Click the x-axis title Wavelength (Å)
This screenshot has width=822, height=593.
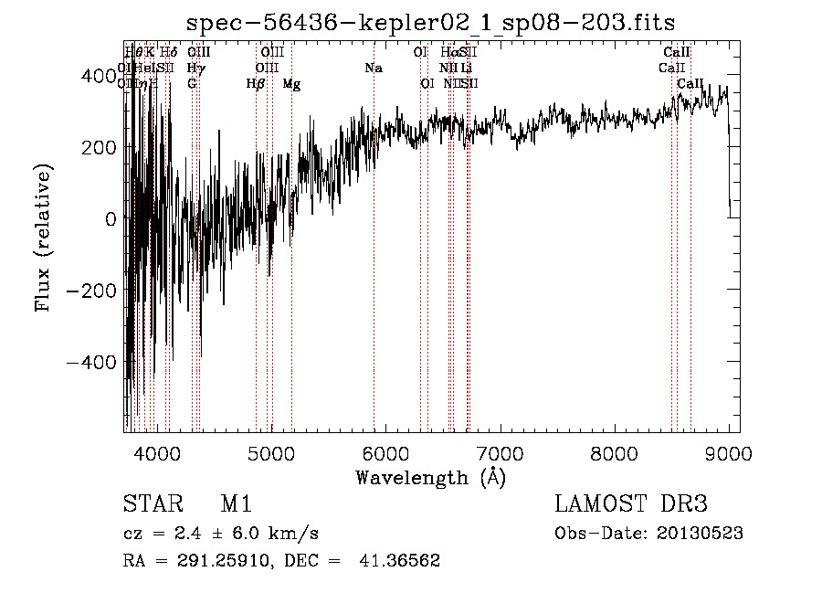(x=431, y=476)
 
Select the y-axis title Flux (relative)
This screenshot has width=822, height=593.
(x=44, y=238)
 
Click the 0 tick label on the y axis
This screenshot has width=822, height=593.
(x=111, y=219)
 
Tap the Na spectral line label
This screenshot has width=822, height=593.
(x=373, y=69)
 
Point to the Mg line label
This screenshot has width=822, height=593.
(x=291, y=84)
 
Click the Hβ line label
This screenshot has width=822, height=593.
(x=256, y=84)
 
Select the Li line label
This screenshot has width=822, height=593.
(x=466, y=69)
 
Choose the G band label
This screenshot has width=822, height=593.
(x=192, y=84)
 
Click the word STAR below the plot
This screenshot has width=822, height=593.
(x=151, y=504)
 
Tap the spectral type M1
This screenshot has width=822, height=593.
(x=236, y=504)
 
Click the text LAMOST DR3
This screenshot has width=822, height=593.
(x=631, y=504)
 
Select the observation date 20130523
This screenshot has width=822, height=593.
(x=700, y=534)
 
